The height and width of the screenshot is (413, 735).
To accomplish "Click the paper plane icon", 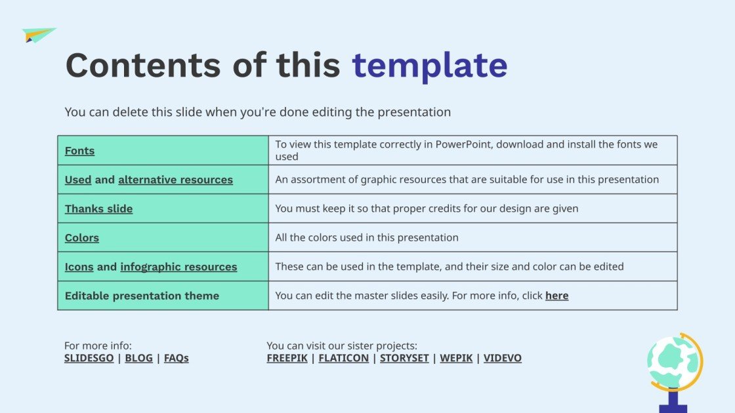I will (x=38, y=35).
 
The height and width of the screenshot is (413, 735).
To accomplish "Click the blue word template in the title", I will (x=429, y=66).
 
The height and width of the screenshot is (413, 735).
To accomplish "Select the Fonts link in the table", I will (x=79, y=151).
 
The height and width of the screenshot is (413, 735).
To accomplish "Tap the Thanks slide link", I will (x=98, y=208).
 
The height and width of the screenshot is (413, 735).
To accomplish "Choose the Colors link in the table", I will (x=82, y=237).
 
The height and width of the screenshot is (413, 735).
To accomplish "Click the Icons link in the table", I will (x=79, y=267).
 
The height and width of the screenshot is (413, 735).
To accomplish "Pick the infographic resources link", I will (x=178, y=267).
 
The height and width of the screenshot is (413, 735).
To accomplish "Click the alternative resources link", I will (x=175, y=180).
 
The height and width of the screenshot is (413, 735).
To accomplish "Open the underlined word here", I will (x=556, y=296).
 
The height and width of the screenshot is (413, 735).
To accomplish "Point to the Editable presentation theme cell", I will (x=142, y=296).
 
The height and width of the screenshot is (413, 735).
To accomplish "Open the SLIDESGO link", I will (x=89, y=358).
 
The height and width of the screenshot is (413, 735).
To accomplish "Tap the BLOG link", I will (x=138, y=358).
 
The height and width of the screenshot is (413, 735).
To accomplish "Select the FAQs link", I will (x=176, y=358).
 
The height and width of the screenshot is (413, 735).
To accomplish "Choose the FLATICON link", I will (x=343, y=358).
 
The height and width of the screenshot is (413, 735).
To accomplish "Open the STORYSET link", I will (x=404, y=358).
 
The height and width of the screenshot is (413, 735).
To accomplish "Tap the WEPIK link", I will (x=456, y=358).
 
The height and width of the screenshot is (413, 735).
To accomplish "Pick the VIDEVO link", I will (x=503, y=358).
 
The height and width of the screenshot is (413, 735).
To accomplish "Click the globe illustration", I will (x=673, y=364).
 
